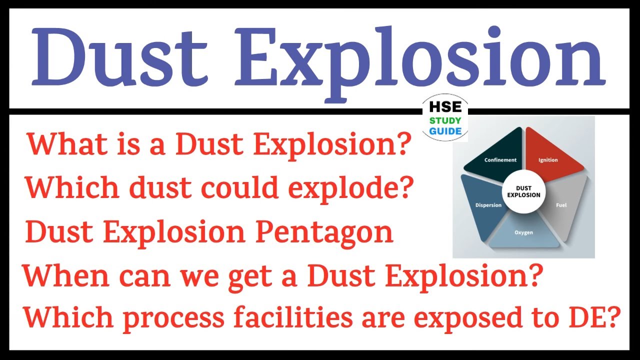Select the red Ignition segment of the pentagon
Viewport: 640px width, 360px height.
550,158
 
